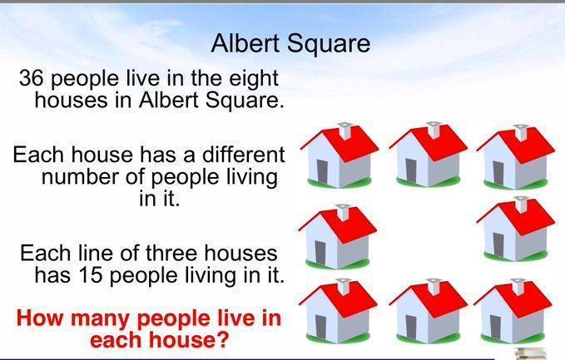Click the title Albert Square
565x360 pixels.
click(290, 44)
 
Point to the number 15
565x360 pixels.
click(88, 275)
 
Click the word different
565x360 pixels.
click(244, 154)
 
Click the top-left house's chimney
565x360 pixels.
click(345, 131)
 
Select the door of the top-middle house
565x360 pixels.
click(411, 170)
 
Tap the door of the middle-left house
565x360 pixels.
click(320, 253)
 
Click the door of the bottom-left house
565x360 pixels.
click(320, 327)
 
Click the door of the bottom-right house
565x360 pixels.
click(495, 327)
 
